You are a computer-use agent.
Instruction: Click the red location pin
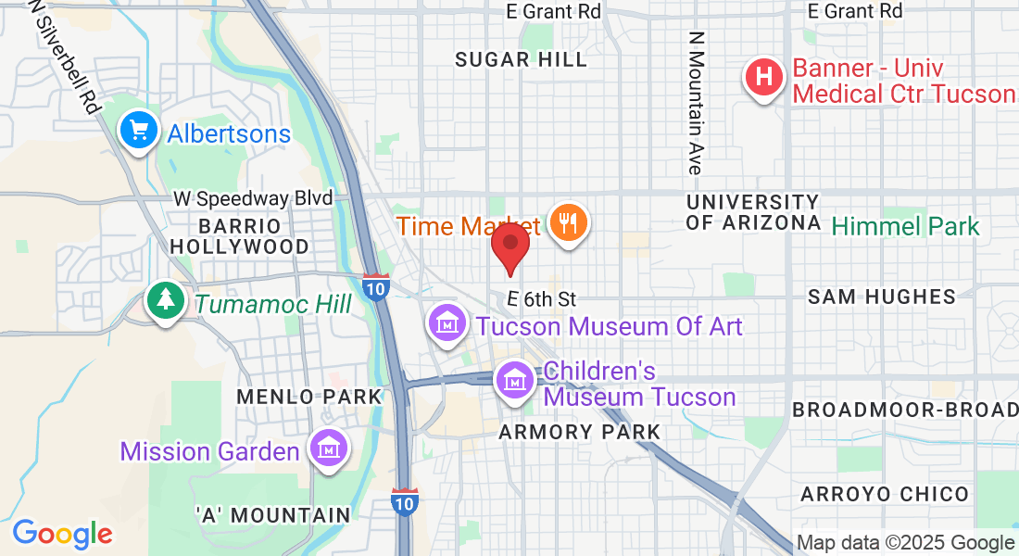(x=509, y=246)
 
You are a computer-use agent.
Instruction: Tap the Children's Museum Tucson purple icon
(x=515, y=379)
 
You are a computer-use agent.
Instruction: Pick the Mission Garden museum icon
(x=329, y=449)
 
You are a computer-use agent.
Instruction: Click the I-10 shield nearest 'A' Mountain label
(x=405, y=501)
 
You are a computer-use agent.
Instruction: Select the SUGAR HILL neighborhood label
(x=522, y=60)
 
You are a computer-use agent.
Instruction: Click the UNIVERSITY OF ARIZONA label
(x=753, y=212)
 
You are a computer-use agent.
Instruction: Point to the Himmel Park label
(x=905, y=226)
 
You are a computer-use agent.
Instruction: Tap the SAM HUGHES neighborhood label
(x=881, y=297)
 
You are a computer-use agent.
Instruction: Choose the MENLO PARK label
(x=308, y=397)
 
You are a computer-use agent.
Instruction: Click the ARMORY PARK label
(x=580, y=432)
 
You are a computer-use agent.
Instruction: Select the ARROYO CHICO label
(x=885, y=494)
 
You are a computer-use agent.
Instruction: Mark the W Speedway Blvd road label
(x=253, y=199)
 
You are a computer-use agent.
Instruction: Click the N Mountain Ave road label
(x=696, y=102)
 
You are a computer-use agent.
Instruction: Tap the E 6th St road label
(x=542, y=298)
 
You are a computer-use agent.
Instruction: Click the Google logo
(x=62, y=534)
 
